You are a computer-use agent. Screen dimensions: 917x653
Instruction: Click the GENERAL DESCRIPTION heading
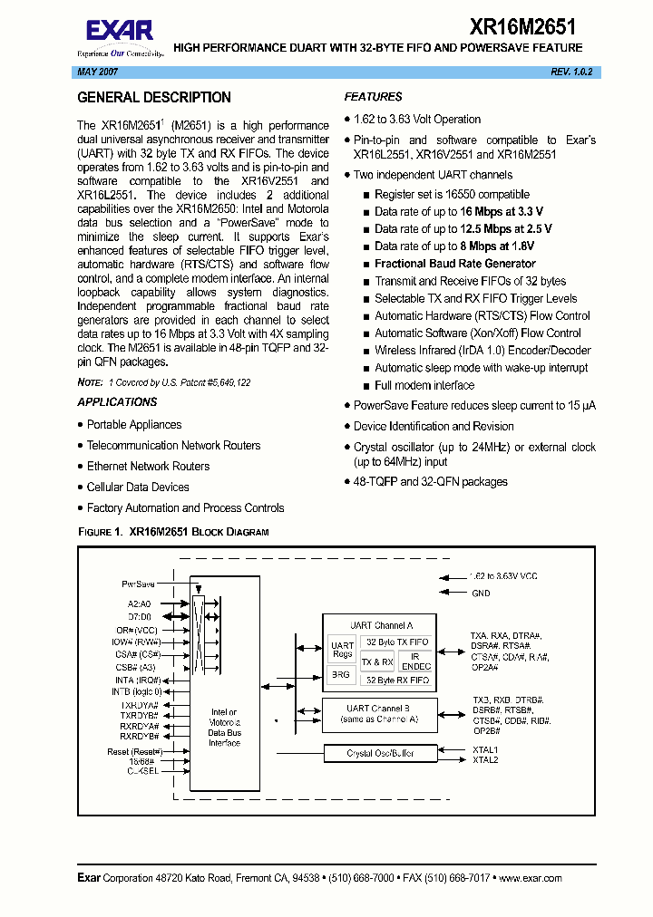tap(154, 98)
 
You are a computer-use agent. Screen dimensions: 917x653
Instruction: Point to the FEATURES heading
tap(373, 97)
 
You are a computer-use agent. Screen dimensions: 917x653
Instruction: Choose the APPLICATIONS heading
tap(117, 402)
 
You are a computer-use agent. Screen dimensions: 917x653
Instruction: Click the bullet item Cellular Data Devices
tap(138, 487)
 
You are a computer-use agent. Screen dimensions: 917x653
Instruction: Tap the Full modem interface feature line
tap(424, 385)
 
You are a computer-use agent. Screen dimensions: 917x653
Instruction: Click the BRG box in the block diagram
tap(341, 675)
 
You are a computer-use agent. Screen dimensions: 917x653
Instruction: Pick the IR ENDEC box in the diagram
tap(415, 661)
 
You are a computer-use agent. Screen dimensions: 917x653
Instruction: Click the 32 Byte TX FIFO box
tap(395, 642)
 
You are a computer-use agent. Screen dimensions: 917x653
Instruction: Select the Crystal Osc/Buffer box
tap(380, 753)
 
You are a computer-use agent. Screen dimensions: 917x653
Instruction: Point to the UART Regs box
tap(342, 650)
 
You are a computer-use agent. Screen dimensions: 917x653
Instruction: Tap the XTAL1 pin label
tap(485, 749)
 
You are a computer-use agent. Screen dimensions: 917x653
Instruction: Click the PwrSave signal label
tap(138, 584)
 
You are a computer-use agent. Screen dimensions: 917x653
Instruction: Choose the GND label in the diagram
tap(481, 593)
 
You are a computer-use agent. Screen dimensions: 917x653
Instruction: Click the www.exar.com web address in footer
tap(530, 878)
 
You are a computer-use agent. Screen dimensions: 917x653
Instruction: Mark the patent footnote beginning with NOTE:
tap(164, 383)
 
